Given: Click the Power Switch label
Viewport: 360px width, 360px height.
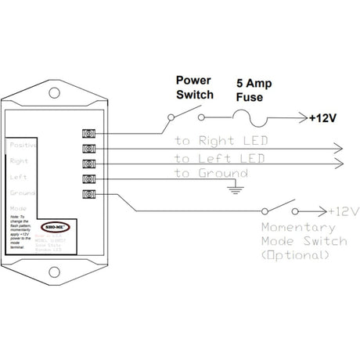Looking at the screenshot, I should [x=193, y=86].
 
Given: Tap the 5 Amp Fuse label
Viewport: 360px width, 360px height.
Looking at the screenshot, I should [x=255, y=88].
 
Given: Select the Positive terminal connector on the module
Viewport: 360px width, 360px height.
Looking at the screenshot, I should [x=88, y=134].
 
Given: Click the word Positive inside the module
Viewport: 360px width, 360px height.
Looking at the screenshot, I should [x=23, y=145].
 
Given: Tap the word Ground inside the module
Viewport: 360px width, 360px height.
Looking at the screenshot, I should [x=21, y=191].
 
